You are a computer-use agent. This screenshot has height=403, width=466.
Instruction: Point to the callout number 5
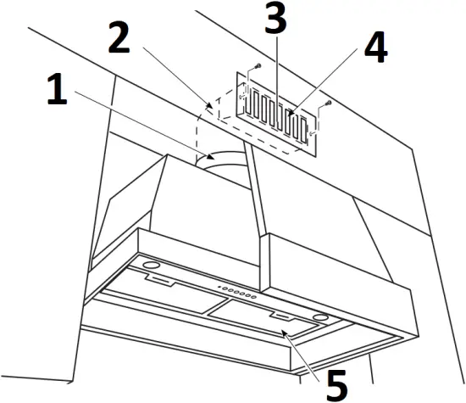[x=336, y=383]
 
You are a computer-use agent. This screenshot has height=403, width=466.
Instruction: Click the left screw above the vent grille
[x=255, y=68]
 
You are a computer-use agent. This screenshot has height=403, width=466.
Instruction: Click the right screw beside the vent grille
[x=326, y=104]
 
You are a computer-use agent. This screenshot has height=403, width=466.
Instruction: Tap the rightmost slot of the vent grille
[x=299, y=126]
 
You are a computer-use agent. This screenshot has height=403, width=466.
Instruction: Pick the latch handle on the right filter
[x=279, y=316]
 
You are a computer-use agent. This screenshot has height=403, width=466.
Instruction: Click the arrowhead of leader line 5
[x=286, y=334]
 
